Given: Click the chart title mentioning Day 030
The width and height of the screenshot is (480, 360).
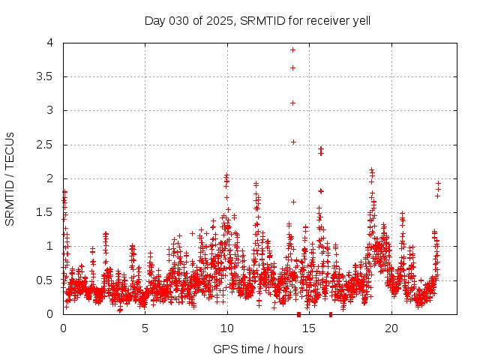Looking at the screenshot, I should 257,20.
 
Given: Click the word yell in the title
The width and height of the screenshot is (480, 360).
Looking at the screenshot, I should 359,20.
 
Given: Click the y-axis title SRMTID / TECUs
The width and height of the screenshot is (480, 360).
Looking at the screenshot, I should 10,178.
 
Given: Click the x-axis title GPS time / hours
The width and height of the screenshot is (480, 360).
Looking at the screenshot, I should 258,349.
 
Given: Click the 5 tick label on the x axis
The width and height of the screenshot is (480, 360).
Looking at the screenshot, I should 145,328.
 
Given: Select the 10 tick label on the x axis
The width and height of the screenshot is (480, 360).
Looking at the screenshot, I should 227,328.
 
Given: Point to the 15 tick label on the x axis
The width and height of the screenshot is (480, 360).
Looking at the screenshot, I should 310,328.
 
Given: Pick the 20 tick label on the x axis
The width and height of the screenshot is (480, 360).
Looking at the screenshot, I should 391,328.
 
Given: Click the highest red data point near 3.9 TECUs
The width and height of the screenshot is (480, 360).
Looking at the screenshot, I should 292,49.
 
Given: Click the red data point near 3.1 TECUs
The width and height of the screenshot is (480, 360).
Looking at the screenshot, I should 292,103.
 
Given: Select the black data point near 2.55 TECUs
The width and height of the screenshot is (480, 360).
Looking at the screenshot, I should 293,142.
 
